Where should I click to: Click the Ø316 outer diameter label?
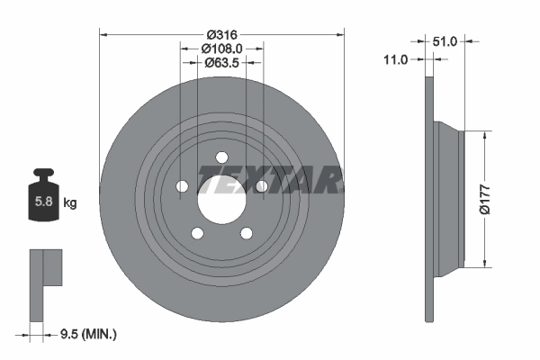[221, 33]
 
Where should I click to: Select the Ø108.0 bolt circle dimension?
[221, 48]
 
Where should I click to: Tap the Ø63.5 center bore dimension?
[221, 62]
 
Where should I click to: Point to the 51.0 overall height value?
[446, 40]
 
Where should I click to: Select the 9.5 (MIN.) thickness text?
[86, 334]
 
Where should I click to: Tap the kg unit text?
[70, 203]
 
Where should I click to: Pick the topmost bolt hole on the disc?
[221, 157]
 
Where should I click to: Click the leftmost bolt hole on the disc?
[182, 186]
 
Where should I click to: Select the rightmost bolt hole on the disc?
[261, 186]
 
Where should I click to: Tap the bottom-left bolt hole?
[197, 233]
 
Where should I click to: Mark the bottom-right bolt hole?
[246, 233]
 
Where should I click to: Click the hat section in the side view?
[447, 198]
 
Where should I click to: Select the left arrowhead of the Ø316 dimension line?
[103, 33]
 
